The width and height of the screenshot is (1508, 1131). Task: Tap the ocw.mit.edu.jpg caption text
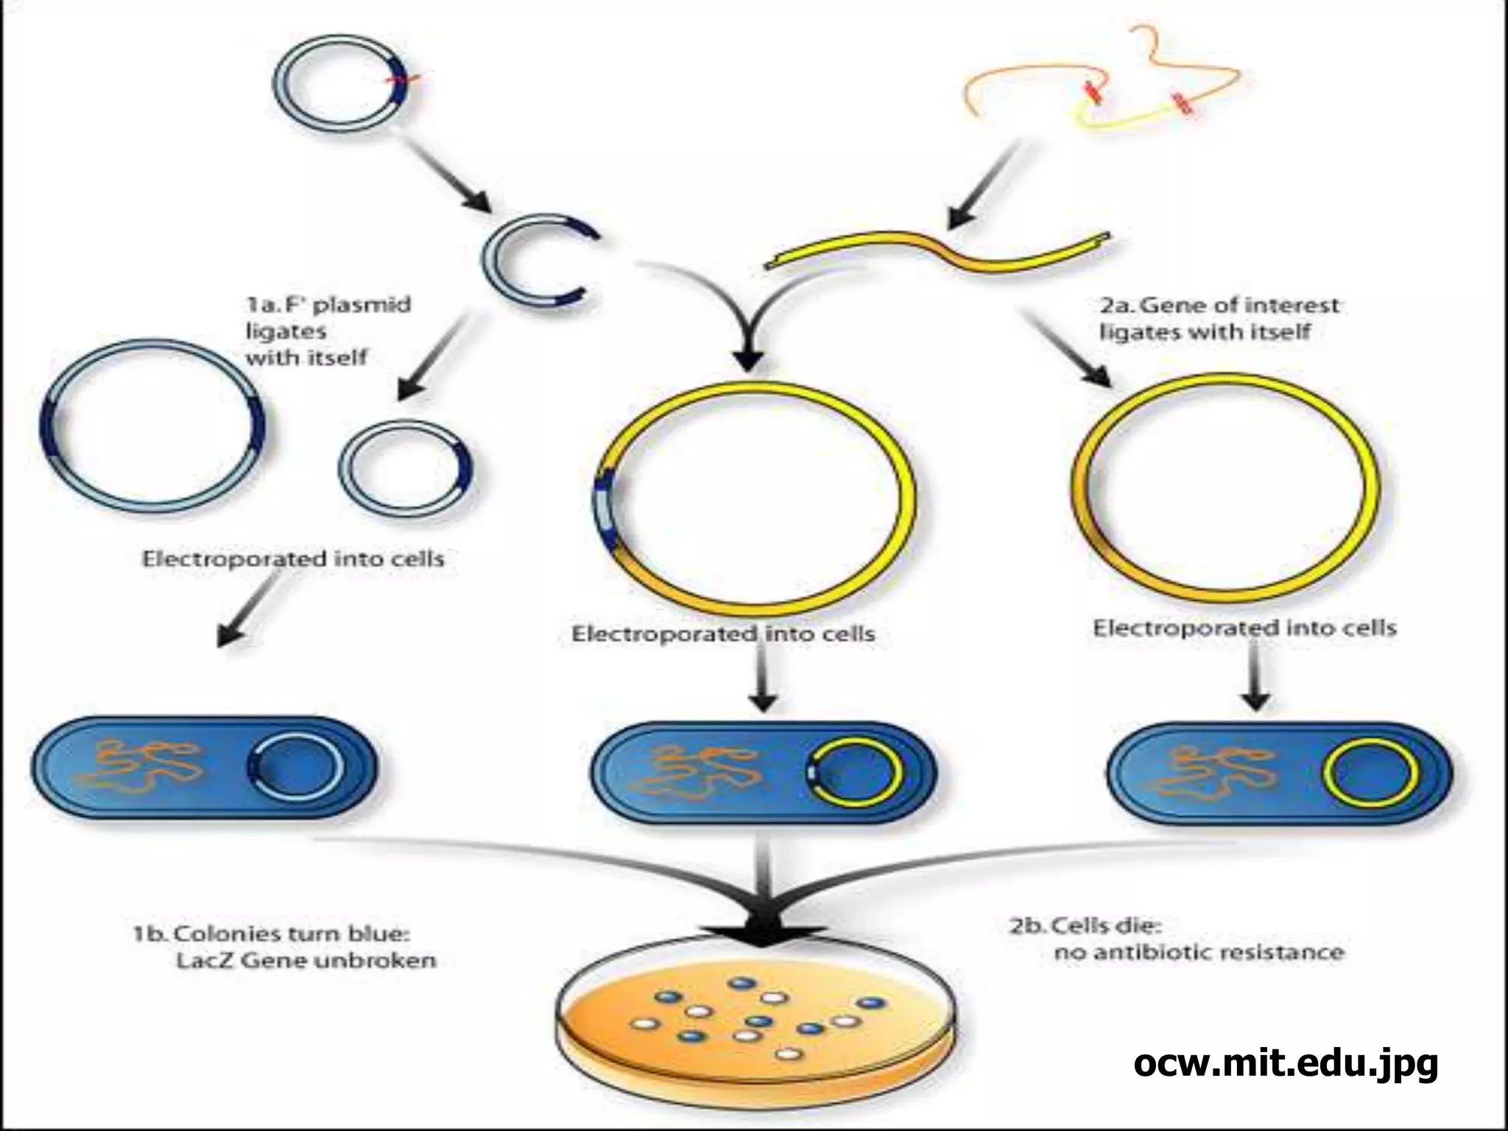pyautogui.click(x=1285, y=1063)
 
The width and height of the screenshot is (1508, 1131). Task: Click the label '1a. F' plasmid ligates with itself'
pyautogui.click(x=327, y=331)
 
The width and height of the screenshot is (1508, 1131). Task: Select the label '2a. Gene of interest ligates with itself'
pyautogui.click(x=1219, y=318)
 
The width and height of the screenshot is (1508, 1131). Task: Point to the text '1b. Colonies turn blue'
pyautogui.click(x=271, y=934)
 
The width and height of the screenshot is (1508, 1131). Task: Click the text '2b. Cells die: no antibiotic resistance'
pyautogui.click(x=1176, y=939)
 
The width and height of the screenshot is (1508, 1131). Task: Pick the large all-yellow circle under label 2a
pyautogui.click(x=1225, y=484)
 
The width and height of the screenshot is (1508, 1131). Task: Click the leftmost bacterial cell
pyautogui.click(x=204, y=769)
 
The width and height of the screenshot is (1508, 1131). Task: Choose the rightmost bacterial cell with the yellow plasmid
pyautogui.click(x=1280, y=773)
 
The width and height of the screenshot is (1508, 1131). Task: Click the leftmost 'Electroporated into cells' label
pyautogui.click(x=293, y=559)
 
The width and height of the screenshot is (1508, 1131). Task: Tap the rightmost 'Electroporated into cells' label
pyautogui.click(x=1244, y=628)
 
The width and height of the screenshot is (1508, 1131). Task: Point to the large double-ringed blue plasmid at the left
pyautogui.click(x=152, y=422)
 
